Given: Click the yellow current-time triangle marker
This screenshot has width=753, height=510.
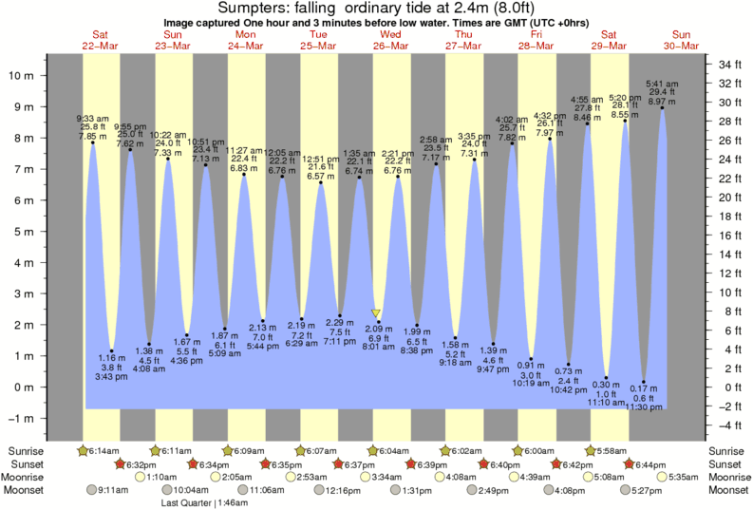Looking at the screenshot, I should (377, 313).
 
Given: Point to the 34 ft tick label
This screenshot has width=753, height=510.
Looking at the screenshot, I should (729, 65).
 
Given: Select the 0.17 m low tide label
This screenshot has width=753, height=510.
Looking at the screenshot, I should (644, 387).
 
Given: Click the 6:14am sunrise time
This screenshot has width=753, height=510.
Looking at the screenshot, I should (102, 449).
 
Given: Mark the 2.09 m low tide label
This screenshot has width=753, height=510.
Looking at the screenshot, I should (378, 330).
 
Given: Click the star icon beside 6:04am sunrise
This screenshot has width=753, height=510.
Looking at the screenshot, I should (373, 449).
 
